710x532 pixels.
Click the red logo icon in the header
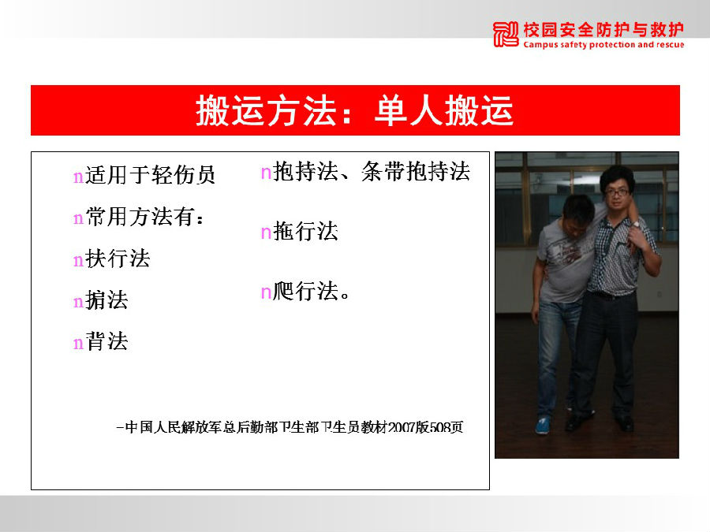[506, 34]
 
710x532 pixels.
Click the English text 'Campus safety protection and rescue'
[603, 44]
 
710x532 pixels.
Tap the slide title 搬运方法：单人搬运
[354, 110]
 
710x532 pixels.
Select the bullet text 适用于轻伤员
[150, 175]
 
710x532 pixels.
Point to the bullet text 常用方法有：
[145, 217]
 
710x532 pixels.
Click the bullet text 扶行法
[118, 259]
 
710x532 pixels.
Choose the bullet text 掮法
[106, 300]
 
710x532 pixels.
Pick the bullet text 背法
[106, 341]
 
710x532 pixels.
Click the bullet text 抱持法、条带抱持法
[372, 172]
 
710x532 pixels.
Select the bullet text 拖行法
[305, 231]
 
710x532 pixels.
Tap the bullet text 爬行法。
[312, 291]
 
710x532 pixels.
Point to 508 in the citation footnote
[439, 427]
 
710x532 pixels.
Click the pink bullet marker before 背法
[78, 344]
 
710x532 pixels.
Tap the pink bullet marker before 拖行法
[267, 233]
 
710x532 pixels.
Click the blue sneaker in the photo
[543, 426]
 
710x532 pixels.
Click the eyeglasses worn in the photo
[617, 192]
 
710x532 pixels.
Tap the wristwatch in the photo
[636, 223]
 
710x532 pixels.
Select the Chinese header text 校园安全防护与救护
[603, 30]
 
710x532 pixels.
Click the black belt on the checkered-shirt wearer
[611, 296]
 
